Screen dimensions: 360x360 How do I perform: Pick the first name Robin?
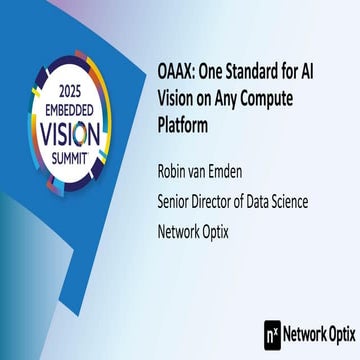pyautogui.click(x=178, y=174)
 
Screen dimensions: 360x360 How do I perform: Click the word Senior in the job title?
pyautogui.click(x=180, y=202)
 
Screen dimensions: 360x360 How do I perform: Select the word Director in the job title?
pyautogui.click(x=230, y=202)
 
